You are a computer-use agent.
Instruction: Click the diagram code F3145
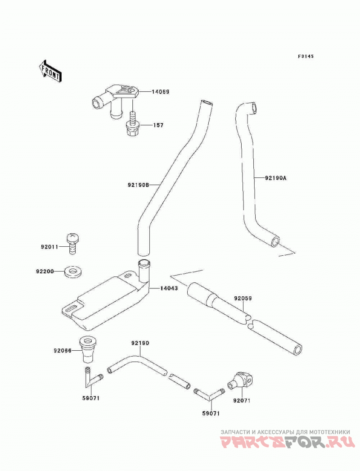click(x=306, y=56)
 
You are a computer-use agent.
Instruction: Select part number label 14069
click(x=160, y=91)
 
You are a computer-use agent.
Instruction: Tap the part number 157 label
click(x=158, y=125)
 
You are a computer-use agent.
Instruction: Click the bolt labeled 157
click(x=132, y=124)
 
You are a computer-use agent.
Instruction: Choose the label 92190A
click(x=276, y=178)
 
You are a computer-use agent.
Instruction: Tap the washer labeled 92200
click(x=73, y=272)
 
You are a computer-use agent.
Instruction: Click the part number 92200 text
click(x=45, y=272)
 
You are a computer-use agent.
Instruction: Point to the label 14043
click(x=169, y=288)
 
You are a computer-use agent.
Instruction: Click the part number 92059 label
click(x=243, y=299)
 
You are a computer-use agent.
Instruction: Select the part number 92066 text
click(x=63, y=350)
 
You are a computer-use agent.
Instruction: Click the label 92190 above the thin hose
click(x=140, y=343)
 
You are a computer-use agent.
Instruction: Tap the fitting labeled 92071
click(x=240, y=381)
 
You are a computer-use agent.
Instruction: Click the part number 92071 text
click(x=241, y=400)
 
